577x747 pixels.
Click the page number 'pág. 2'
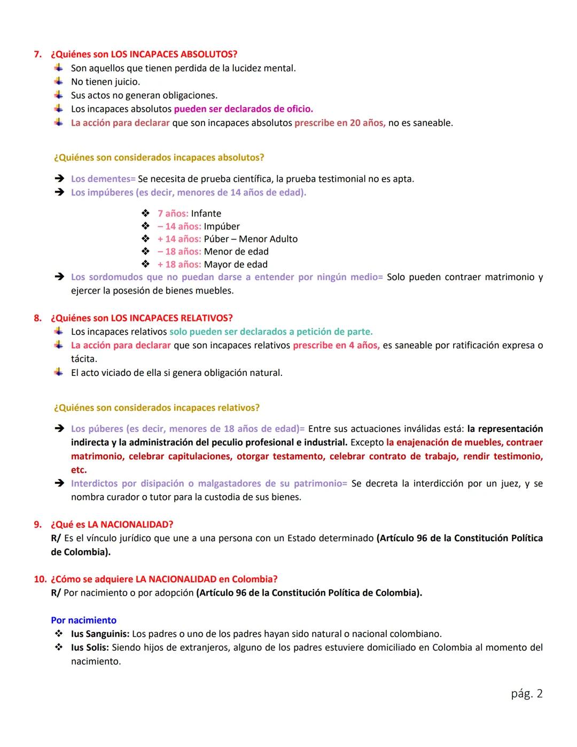tap(526, 694)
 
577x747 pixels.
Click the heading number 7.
tap(37, 55)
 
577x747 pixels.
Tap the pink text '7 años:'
tap(173, 213)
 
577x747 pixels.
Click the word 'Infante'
tap(206, 213)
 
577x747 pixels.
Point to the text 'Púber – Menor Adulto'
tap(251, 239)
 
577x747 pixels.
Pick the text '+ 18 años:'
tap(179, 264)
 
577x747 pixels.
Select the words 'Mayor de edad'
tap(236, 264)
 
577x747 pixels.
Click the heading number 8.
tap(37, 318)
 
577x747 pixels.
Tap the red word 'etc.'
tap(79, 470)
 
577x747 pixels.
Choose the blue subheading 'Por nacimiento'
tap(83, 620)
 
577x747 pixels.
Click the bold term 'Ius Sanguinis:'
tap(100, 634)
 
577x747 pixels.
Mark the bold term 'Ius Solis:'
tap(90, 648)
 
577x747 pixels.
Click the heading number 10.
tap(40, 579)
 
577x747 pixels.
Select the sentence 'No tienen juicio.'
tap(105, 82)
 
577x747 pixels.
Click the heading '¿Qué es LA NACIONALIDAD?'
tap(112, 525)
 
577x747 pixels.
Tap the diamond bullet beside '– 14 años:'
tap(145, 226)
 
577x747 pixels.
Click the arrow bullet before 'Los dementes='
tap(59, 179)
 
